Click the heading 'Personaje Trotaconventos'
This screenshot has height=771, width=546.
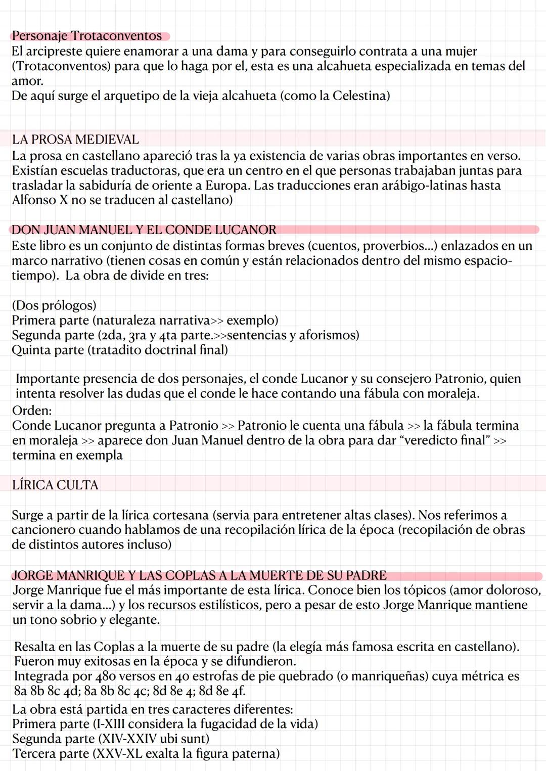(x=87, y=36)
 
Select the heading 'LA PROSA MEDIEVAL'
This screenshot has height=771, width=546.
(x=75, y=140)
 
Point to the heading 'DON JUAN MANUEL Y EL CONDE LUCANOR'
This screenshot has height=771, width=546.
(x=144, y=230)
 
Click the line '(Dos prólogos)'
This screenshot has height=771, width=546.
(x=54, y=305)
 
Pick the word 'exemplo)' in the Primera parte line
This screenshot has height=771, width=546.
(x=252, y=320)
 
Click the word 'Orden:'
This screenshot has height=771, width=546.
(x=32, y=410)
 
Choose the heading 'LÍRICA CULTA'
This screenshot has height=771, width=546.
(x=55, y=485)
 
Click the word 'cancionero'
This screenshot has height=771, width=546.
(x=43, y=529)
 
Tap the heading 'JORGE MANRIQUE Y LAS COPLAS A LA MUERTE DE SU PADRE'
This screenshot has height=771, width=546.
(x=199, y=575)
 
